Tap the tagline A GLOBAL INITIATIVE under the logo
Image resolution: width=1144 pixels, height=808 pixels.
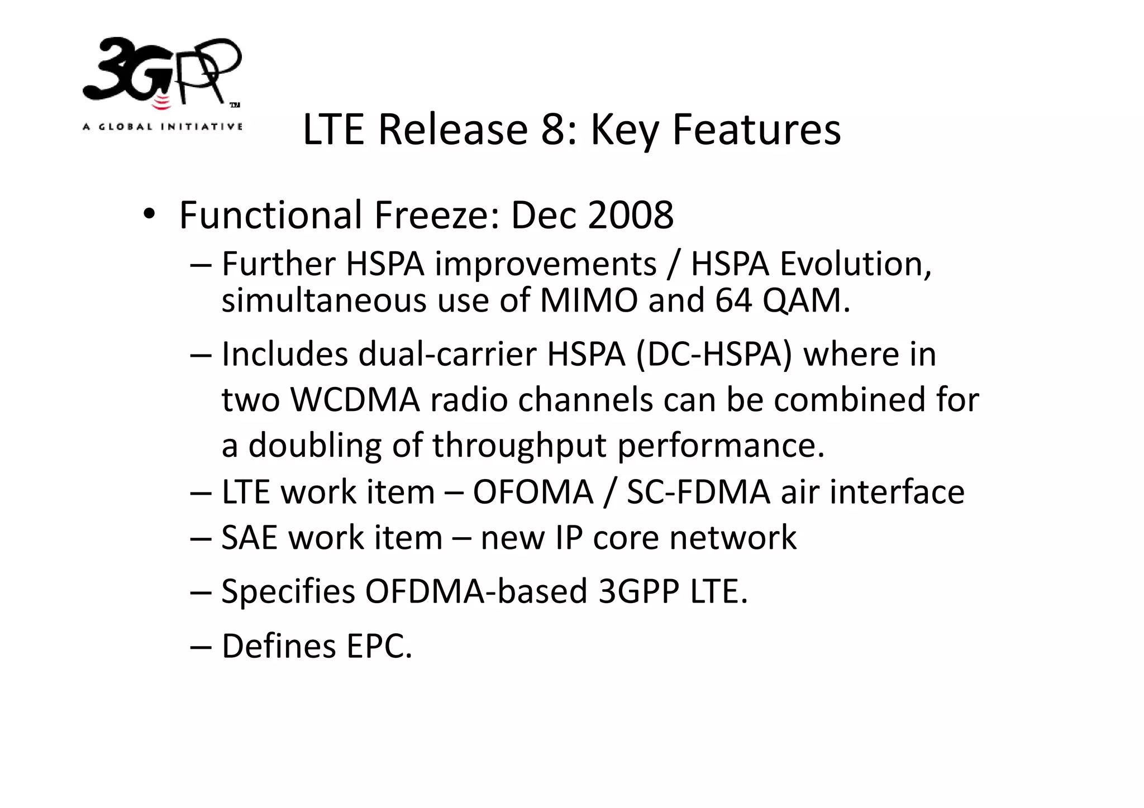tap(162, 127)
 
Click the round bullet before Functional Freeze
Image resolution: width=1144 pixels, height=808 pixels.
tap(149, 215)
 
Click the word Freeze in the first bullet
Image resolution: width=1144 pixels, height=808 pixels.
tap(436, 215)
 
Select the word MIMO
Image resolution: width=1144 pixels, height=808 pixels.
tap(589, 300)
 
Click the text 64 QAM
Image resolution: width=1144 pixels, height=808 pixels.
tap(782, 300)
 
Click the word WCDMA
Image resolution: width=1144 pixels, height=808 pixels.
tap(355, 400)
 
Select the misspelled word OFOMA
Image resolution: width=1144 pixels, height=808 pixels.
tap(533, 492)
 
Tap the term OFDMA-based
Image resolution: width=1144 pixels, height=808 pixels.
tap(476, 591)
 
